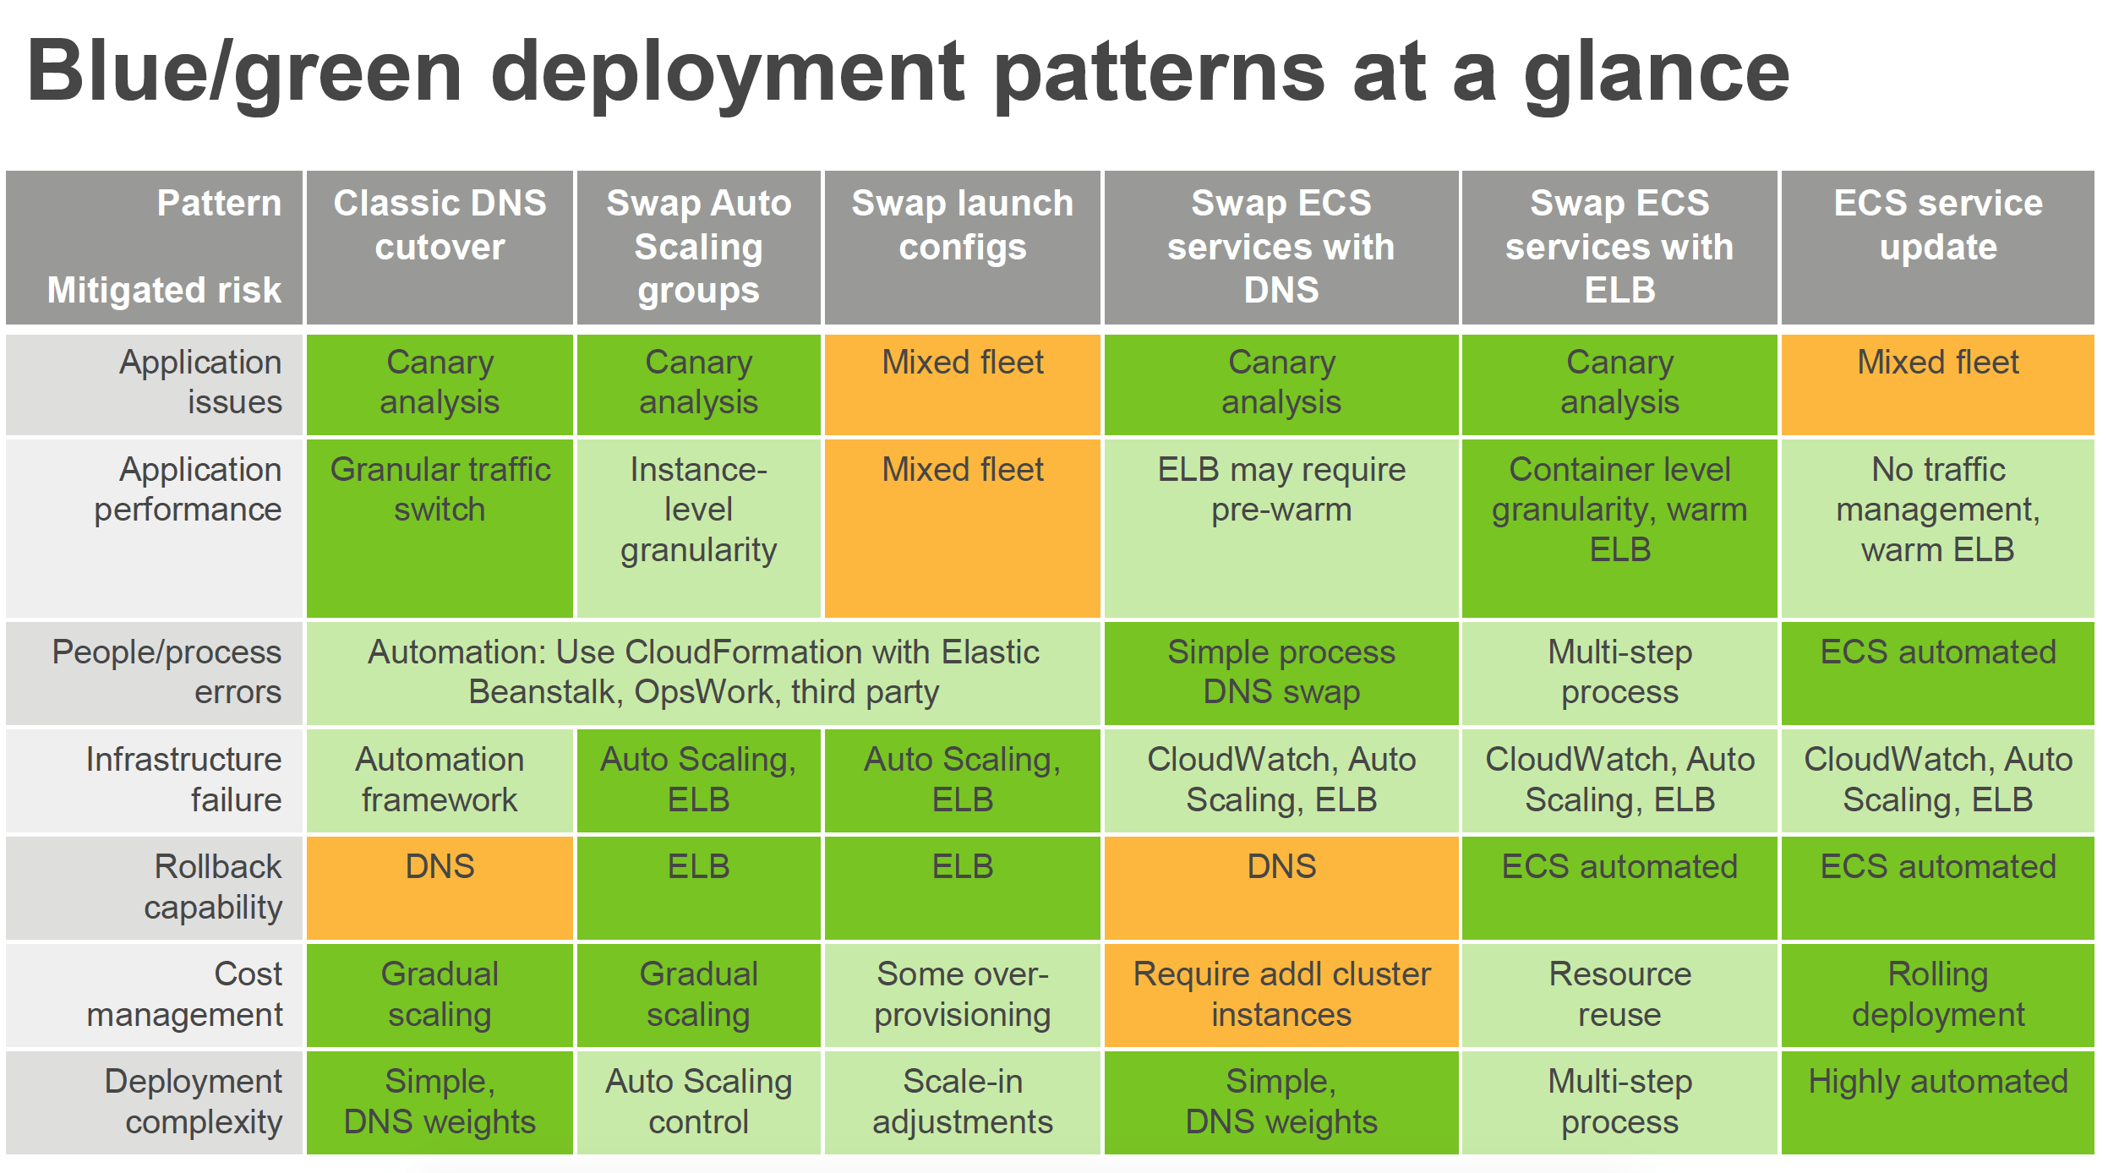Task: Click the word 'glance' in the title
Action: (1657, 74)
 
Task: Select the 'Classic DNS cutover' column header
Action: (440, 225)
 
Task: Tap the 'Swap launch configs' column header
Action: (962, 225)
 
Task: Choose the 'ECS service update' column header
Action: (1937, 225)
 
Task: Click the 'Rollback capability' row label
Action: (216, 887)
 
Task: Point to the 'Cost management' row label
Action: (186, 994)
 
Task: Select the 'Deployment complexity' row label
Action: (194, 1101)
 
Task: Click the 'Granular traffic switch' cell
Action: (440, 490)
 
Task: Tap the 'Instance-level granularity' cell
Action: (698, 510)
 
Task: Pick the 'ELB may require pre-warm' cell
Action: (1281, 490)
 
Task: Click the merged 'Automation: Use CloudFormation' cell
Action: (703, 672)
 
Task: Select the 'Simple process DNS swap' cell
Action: (1281, 672)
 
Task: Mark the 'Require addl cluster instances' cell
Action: (1281, 994)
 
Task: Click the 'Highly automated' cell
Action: (1937, 1082)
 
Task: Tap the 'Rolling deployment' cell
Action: (1937, 994)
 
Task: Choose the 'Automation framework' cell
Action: (440, 779)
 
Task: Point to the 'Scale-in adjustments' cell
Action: (962, 1101)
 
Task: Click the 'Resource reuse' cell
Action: (1619, 994)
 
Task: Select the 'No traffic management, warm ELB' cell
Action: (1937, 510)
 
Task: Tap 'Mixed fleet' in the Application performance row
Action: (962, 470)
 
